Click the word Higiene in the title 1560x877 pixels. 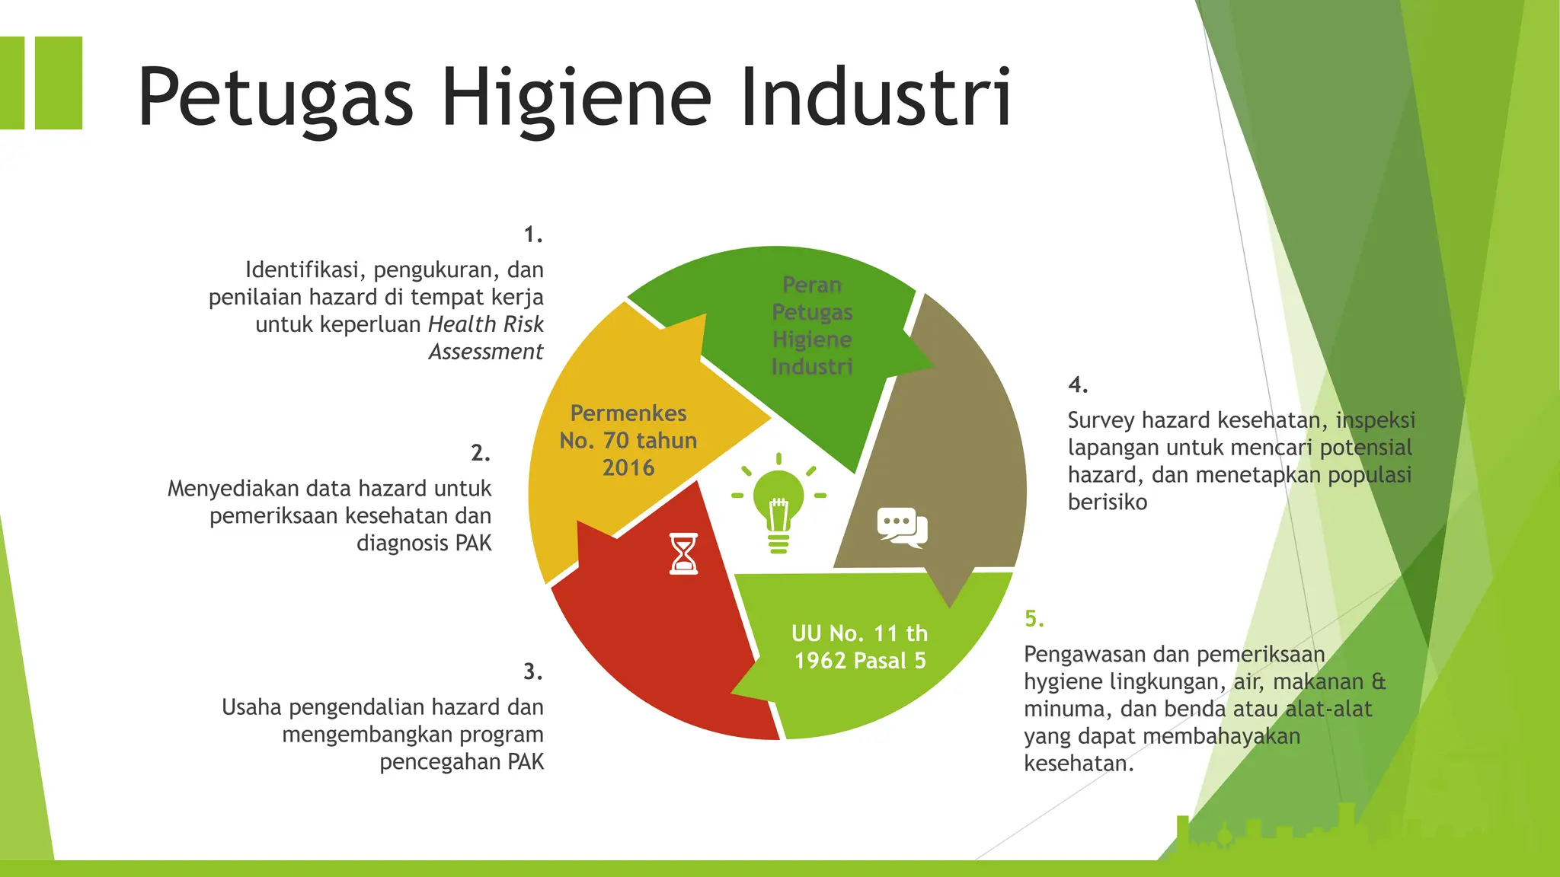click(577, 98)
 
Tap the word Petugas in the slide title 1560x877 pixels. click(275, 98)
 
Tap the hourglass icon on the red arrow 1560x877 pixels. click(683, 553)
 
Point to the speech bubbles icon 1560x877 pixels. click(902, 527)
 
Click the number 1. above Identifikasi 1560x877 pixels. click(533, 234)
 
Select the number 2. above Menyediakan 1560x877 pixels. click(481, 453)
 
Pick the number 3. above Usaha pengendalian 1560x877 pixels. click(533, 671)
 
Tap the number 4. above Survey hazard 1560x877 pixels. click(1078, 384)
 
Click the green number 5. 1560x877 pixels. click(1034, 618)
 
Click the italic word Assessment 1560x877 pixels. click(486, 352)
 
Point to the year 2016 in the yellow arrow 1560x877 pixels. click(628, 467)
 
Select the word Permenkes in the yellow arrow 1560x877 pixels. click(628, 413)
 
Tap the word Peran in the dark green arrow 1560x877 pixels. click(812, 285)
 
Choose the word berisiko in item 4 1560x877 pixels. click(1108, 502)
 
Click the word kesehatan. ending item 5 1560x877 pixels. click(1079, 764)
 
